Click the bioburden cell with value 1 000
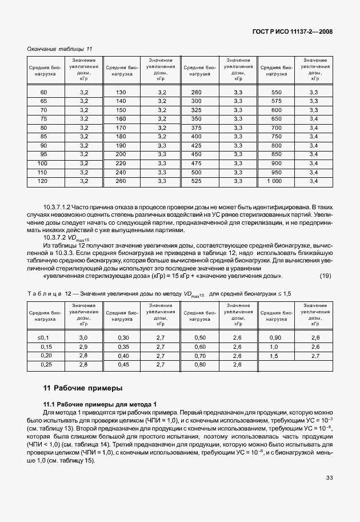pos(276,181)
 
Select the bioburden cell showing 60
pos(43,93)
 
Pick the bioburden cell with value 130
pos(121,93)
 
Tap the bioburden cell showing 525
pos(197,181)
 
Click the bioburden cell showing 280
pos(197,93)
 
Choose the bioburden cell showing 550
pos(276,93)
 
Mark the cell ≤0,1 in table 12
pos(43,338)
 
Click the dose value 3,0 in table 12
pos(83,338)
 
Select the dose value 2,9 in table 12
pos(83,347)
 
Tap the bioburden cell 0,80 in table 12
pos(199,364)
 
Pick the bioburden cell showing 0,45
pos(122,364)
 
